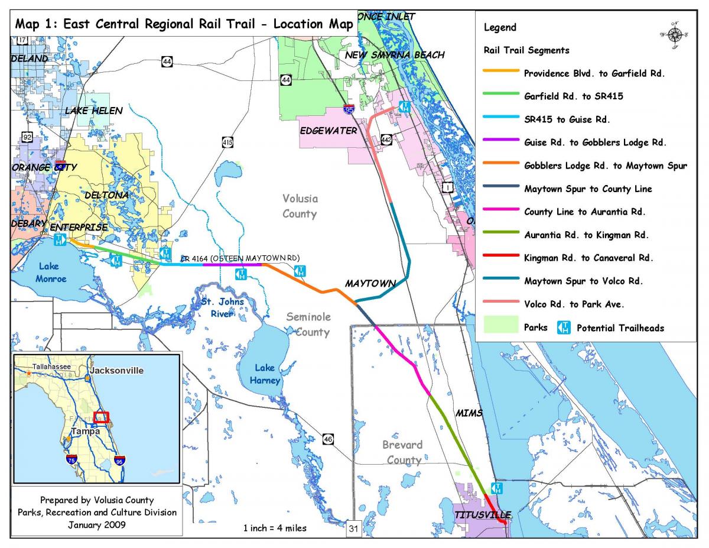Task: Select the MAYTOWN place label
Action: [370, 284]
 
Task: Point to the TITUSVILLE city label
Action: [482, 515]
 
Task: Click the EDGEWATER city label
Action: [329, 130]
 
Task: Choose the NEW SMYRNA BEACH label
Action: [395, 55]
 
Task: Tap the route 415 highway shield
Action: [228, 142]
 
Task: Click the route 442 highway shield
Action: [386, 140]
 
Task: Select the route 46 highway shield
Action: [328, 438]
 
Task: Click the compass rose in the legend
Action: [675, 35]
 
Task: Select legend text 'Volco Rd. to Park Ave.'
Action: [574, 304]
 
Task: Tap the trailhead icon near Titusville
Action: [497, 488]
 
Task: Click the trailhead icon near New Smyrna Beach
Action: [405, 106]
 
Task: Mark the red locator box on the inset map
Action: [102, 417]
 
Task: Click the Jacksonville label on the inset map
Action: [116, 371]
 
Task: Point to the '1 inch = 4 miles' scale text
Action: [275, 528]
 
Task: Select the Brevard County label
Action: [402, 452]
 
